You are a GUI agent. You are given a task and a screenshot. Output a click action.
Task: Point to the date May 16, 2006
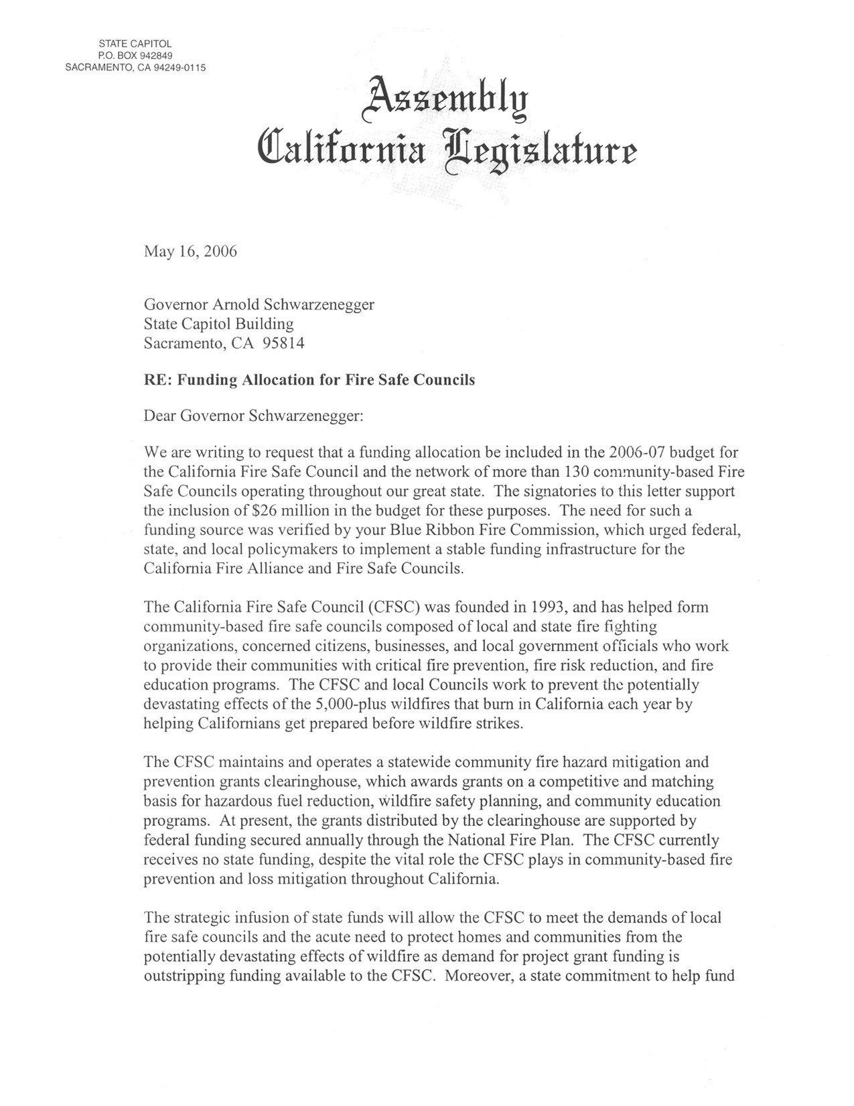tap(190, 252)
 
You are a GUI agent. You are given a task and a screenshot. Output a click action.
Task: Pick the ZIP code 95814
tap(284, 343)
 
